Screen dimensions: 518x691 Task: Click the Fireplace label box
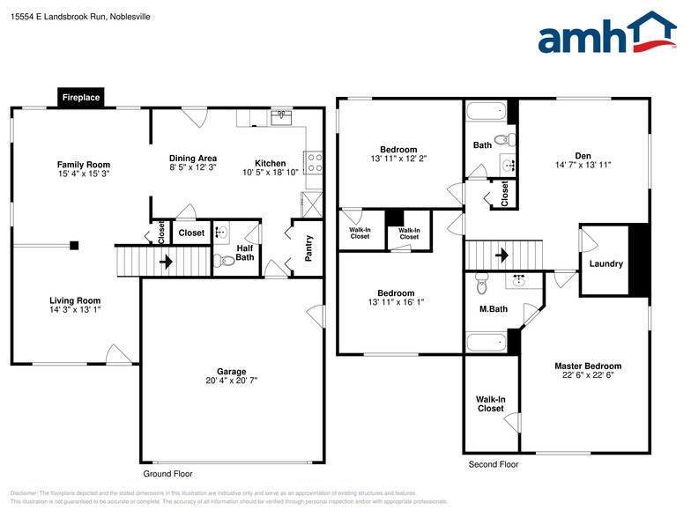(81, 98)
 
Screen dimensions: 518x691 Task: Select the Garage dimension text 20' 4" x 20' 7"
(232, 381)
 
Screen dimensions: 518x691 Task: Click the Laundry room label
(606, 263)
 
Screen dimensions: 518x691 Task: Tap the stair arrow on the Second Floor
(502, 255)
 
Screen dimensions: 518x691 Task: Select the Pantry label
(308, 248)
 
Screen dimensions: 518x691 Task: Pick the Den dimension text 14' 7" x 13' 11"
(583, 165)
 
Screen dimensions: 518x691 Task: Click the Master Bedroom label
(587, 366)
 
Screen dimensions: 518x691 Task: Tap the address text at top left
(81, 16)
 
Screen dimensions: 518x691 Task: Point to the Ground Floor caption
(167, 473)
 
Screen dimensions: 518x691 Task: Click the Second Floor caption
(493, 464)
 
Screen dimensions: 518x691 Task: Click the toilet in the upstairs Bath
(503, 139)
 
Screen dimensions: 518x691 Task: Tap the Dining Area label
(193, 159)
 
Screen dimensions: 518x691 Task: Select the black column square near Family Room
(75, 245)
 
